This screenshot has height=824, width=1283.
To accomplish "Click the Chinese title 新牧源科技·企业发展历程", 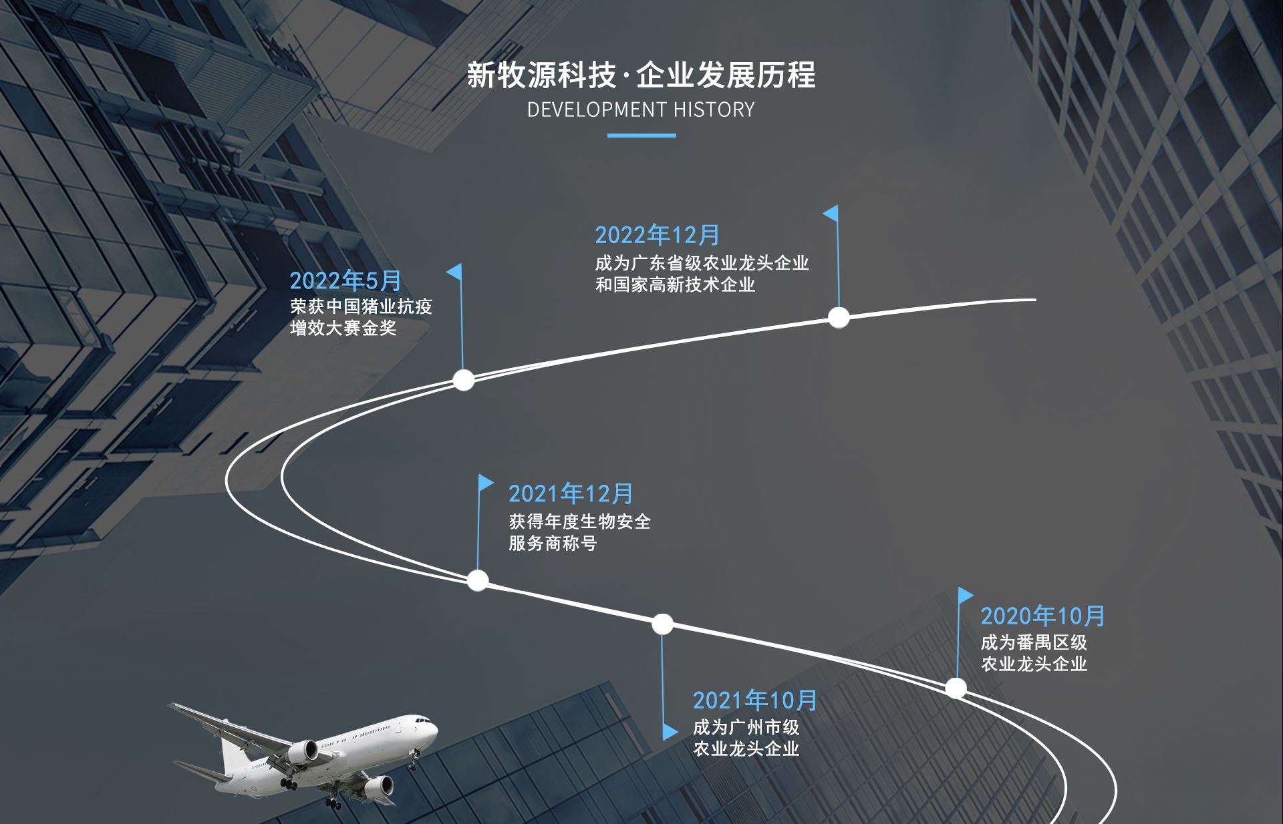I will pyautogui.click(x=641, y=75).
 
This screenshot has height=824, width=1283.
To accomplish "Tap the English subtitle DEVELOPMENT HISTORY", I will pyautogui.click(x=641, y=110).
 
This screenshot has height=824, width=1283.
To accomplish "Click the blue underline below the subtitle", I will pyautogui.click(x=641, y=136).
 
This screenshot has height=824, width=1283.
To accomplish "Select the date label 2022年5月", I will pyautogui.click(x=345, y=281).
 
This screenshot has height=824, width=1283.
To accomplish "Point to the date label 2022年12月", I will pyautogui.click(x=657, y=235).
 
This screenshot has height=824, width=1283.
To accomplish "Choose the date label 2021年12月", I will pyautogui.click(x=571, y=493).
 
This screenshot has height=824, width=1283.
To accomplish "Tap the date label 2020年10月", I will pyautogui.click(x=1042, y=616).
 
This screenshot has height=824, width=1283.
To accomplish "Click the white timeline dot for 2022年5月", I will pyautogui.click(x=464, y=380).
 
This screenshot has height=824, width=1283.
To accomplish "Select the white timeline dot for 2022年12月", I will pyautogui.click(x=839, y=317).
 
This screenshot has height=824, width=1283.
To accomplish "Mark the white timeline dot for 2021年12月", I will pyautogui.click(x=477, y=580).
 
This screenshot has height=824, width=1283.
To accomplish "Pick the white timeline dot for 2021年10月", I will pyautogui.click(x=662, y=624).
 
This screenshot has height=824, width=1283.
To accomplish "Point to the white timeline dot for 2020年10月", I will pyautogui.click(x=956, y=688).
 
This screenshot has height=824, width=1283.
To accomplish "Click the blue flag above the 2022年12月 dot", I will pyautogui.click(x=831, y=214).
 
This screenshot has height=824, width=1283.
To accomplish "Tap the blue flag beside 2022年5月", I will pyautogui.click(x=454, y=272).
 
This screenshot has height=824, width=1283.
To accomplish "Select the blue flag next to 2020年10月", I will pyautogui.click(x=965, y=595).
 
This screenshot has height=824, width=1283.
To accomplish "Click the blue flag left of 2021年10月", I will pyautogui.click(x=669, y=732).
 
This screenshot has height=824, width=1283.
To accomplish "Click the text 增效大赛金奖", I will pyautogui.click(x=343, y=328).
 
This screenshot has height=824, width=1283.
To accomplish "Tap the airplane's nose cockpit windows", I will pyautogui.click(x=422, y=721).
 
